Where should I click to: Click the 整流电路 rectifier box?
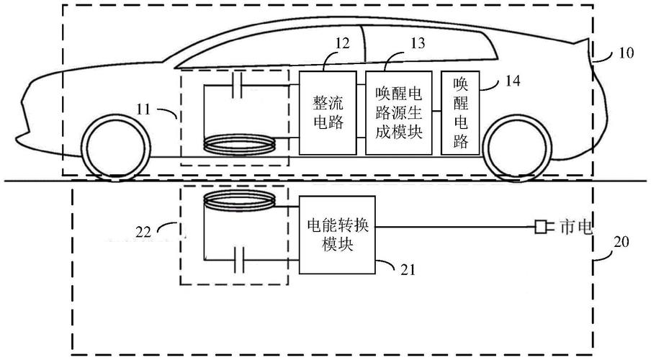328,112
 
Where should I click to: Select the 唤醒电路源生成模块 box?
398,112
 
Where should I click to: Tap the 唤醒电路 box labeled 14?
460,112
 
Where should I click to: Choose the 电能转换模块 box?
337,234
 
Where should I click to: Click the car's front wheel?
111,148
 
